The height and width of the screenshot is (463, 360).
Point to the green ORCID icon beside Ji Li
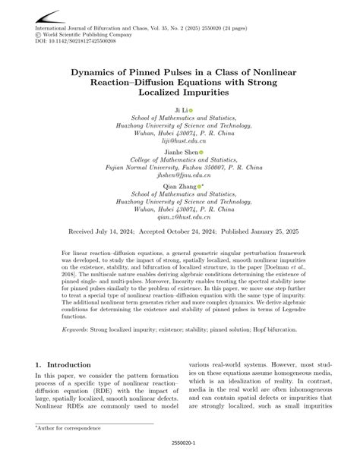tap(191, 111)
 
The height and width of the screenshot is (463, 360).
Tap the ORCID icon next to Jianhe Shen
tap(202, 152)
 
